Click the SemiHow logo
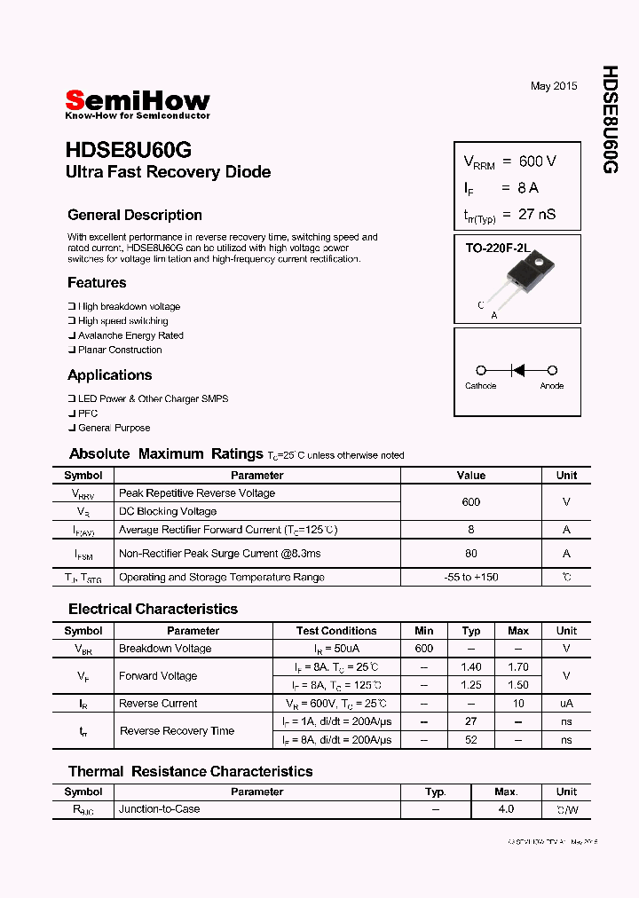pyautogui.click(x=138, y=103)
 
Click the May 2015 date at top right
pyautogui.click(x=554, y=86)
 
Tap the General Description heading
pyautogui.click(x=135, y=215)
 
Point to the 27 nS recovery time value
pyautogui.click(x=537, y=214)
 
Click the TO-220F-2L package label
pyautogui.click(x=497, y=249)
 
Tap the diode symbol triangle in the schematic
pyautogui.click(x=518, y=370)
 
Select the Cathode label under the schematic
pyautogui.click(x=480, y=386)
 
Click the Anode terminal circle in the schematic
pyautogui.click(x=552, y=370)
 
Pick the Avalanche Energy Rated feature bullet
pyautogui.click(x=130, y=335)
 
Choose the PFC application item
pyautogui.click(x=88, y=414)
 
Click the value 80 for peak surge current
pyautogui.click(x=470, y=553)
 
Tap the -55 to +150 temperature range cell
pyautogui.click(x=470, y=577)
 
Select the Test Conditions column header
pyautogui.click(x=336, y=631)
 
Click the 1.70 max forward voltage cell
pyautogui.click(x=518, y=666)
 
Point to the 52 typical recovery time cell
pyautogui.click(x=471, y=739)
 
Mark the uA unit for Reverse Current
pyautogui.click(x=566, y=703)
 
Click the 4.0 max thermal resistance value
pyautogui.click(x=506, y=809)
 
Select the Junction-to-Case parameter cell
pyautogui.click(x=160, y=809)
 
